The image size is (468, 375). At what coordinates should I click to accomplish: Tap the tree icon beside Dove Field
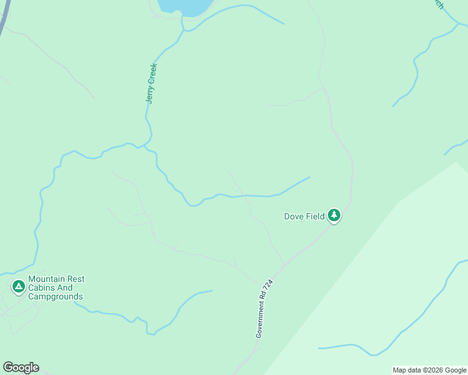[x=334, y=216]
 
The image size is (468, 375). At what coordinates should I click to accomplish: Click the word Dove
[x=294, y=216]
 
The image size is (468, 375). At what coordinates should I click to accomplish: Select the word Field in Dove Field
[x=315, y=216]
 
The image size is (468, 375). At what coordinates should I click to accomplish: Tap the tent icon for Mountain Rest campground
[x=18, y=286]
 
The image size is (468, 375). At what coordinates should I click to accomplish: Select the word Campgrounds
[x=56, y=296]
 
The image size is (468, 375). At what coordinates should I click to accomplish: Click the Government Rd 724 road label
[x=264, y=308]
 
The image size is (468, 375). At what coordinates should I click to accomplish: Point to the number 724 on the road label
[x=269, y=286]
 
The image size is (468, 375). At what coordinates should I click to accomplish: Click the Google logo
[x=21, y=367]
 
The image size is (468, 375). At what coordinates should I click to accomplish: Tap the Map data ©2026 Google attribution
[x=430, y=370]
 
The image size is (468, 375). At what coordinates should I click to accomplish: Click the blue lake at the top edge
[x=185, y=7]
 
